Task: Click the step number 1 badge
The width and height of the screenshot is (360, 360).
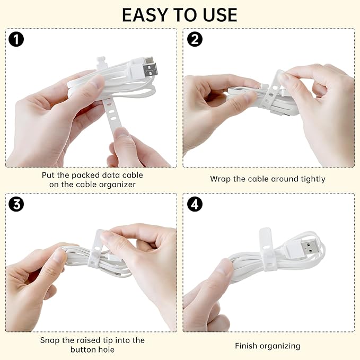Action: [x=16, y=39]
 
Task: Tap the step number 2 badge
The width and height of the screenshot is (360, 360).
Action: [x=195, y=39]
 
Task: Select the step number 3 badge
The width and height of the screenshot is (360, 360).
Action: [x=16, y=204]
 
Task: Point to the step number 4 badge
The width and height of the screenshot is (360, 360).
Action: [x=195, y=204]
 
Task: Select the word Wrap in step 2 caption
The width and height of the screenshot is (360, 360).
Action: [x=219, y=179]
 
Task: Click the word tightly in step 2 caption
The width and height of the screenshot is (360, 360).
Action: [x=313, y=179]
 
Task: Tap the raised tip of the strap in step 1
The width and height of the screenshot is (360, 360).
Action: [x=101, y=62]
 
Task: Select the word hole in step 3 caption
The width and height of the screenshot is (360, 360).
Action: [x=106, y=350]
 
